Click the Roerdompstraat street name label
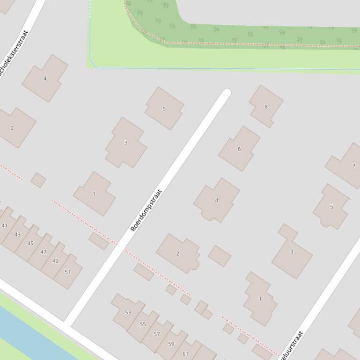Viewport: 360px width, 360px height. point(146,210)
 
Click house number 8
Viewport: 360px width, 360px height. point(266,107)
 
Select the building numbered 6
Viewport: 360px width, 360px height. point(239,149)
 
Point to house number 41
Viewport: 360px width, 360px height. point(5,225)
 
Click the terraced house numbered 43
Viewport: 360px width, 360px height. point(18,234)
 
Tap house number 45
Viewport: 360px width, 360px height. point(30,243)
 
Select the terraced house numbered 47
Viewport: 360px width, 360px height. point(43,252)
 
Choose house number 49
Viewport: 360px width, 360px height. point(55,261)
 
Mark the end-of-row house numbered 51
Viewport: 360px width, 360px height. point(68,272)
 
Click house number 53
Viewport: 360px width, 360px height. point(128,312)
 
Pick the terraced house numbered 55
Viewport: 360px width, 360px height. point(143,324)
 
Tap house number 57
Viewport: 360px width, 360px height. point(157,334)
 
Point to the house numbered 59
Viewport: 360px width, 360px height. point(171,344)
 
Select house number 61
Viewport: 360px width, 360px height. point(185,353)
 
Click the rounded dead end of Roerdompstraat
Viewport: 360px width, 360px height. point(227,94)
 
